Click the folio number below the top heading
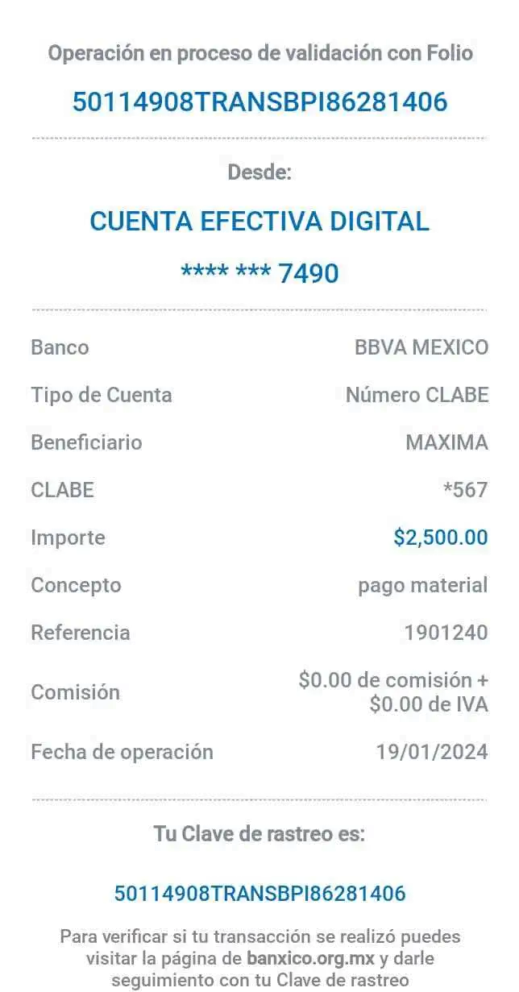pyautogui.click(x=259, y=102)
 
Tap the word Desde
pyautogui.click(x=260, y=172)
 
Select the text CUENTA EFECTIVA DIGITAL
pyautogui.click(x=259, y=221)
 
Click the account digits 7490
pyautogui.click(x=309, y=273)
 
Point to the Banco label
pyautogui.click(x=60, y=348)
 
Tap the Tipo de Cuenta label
pyautogui.click(x=101, y=395)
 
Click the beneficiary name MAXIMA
pyautogui.click(x=446, y=442)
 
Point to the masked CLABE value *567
pyautogui.click(x=466, y=489)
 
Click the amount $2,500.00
pyautogui.click(x=441, y=537)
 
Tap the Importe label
pyautogui.click(x=68, y=537)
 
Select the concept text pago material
pyautogui.click(x=423, y=585)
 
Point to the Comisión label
pyautogui.click(x=75, y=692)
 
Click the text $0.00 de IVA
pyautogui.click(x=429, y=704)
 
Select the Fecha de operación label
pyautogui.click(x=122, y=752)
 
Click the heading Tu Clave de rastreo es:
pyautogui.click(x=259, y=835)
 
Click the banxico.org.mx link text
pyautogui.click(x=311, y=959)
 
